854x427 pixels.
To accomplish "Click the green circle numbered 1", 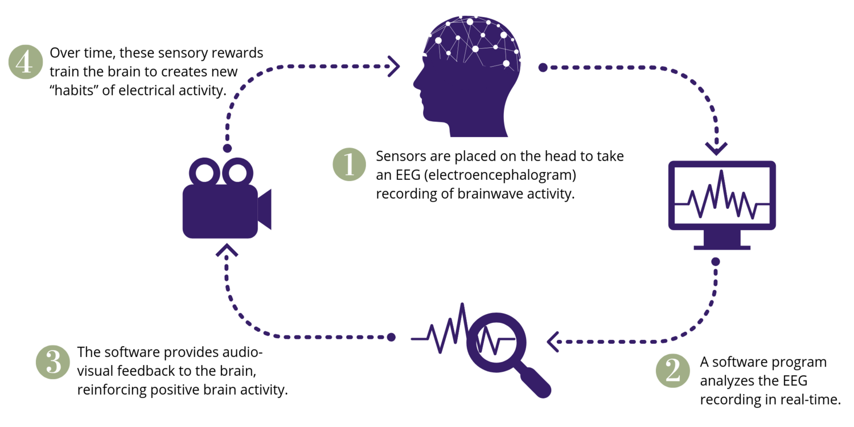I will coord(349,164).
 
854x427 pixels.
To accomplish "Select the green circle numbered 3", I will coord(52,362).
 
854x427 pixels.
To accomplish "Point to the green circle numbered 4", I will coord(25,62).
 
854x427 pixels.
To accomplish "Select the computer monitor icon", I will coord(722,204).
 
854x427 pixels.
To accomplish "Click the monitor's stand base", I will coord(722,247).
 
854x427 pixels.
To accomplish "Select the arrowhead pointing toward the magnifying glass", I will coord(552,342).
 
